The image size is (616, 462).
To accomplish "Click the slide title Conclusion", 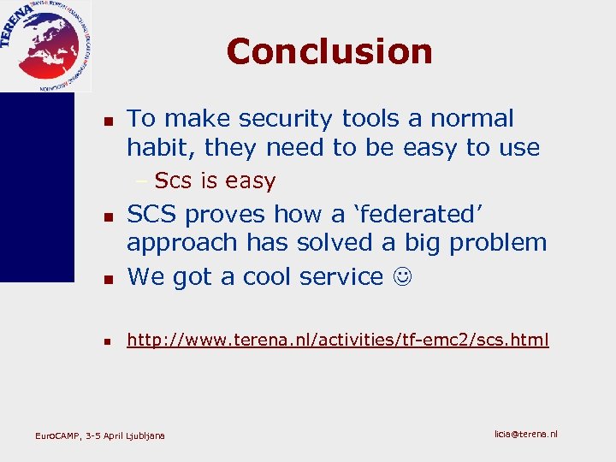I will tap(329, 51).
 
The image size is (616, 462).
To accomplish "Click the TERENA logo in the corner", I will tap(44, 44).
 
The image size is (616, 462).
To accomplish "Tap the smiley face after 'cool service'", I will tap(401, 277).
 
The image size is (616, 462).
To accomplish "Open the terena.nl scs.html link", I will tap(338, 341).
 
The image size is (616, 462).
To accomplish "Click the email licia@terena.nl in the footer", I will tap(525, 434).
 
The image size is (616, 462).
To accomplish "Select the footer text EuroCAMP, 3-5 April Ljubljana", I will tap(100, 436).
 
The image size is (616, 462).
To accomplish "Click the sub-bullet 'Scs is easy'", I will tap(215, 181).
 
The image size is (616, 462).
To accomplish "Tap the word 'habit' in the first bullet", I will tap(160, 148).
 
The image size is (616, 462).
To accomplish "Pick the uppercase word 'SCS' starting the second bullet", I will tap(152, 214).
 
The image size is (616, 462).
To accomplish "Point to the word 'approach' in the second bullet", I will tap(182, 244).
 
